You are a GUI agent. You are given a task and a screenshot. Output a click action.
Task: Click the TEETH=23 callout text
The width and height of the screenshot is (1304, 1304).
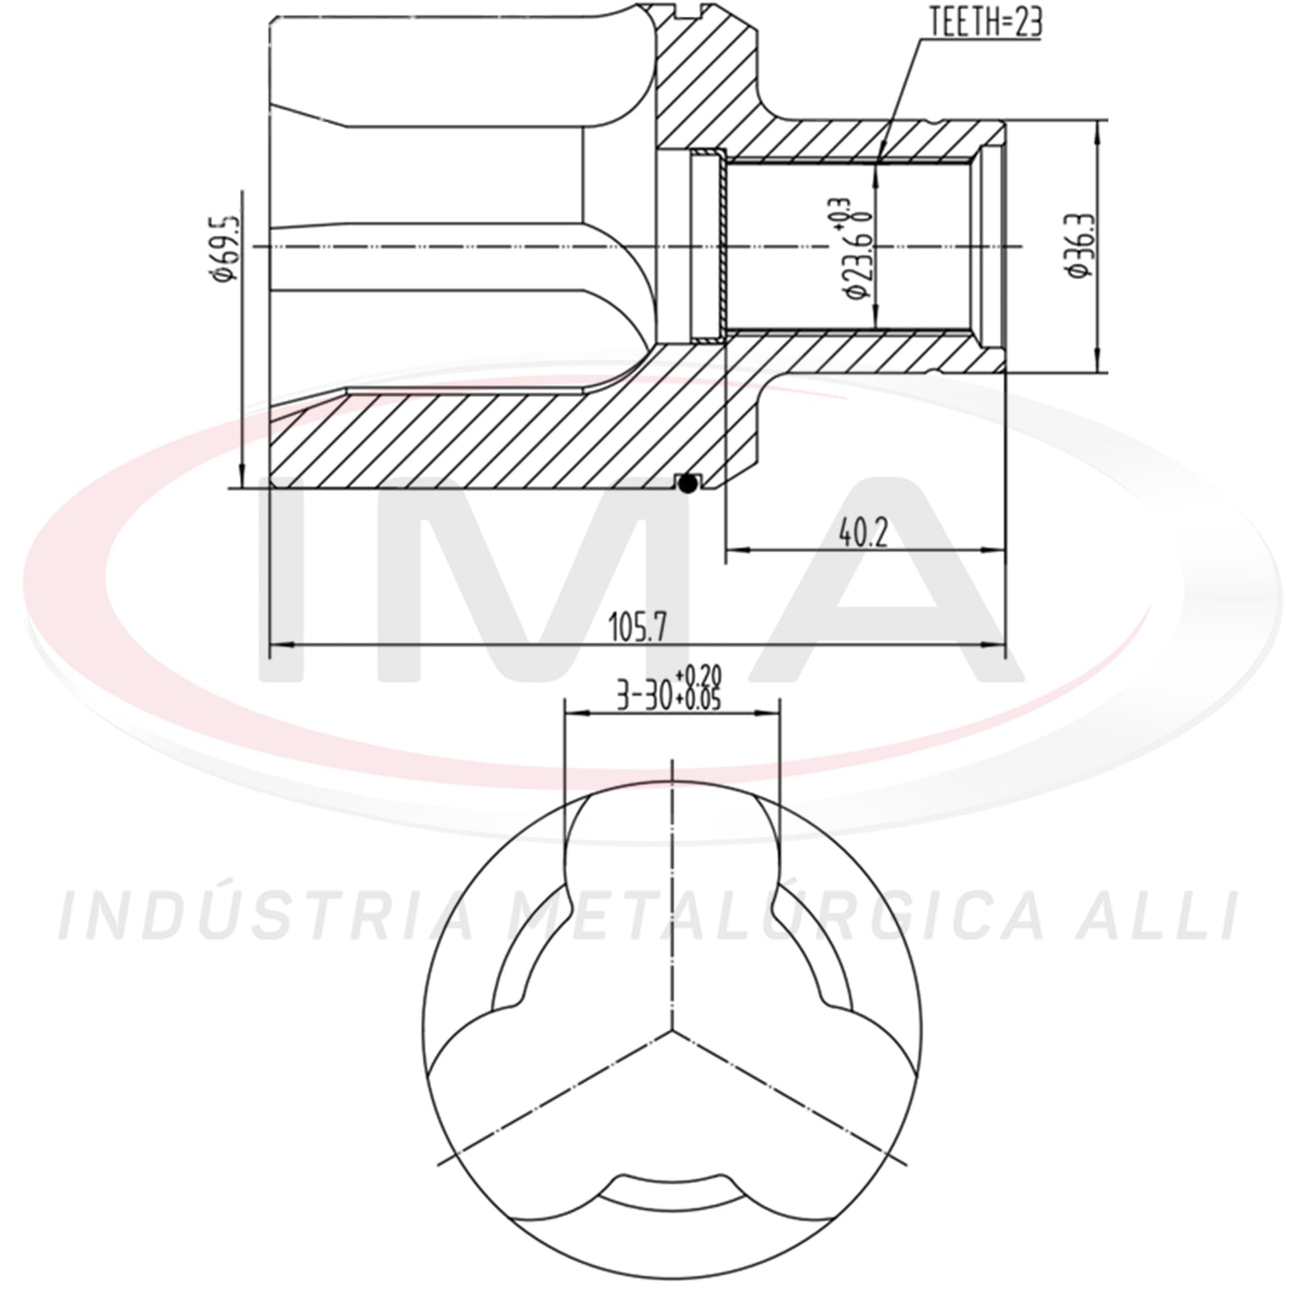coord(986,23)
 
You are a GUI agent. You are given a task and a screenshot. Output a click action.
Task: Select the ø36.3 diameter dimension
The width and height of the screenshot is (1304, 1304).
coord(1078,245)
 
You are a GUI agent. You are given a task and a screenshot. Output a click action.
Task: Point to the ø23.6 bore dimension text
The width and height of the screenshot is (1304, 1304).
coord(855,261)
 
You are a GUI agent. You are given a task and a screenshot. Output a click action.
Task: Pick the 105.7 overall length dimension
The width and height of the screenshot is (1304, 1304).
coord(637,627)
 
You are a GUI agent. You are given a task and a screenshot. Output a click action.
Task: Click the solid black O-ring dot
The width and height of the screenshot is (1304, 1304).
coord(687,484)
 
